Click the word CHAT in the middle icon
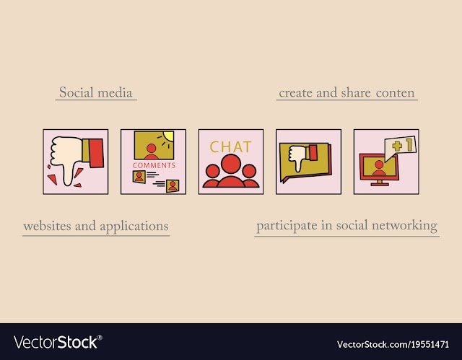230,147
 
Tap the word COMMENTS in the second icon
154,165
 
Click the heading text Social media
96,92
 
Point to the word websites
47,227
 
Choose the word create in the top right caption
295,93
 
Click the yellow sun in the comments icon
169,136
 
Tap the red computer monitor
379,170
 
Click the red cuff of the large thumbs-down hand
96,153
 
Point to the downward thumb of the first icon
68,175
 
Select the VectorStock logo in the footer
58,342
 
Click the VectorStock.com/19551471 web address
393,344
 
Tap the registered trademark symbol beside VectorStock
100,338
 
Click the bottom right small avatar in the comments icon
173,185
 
